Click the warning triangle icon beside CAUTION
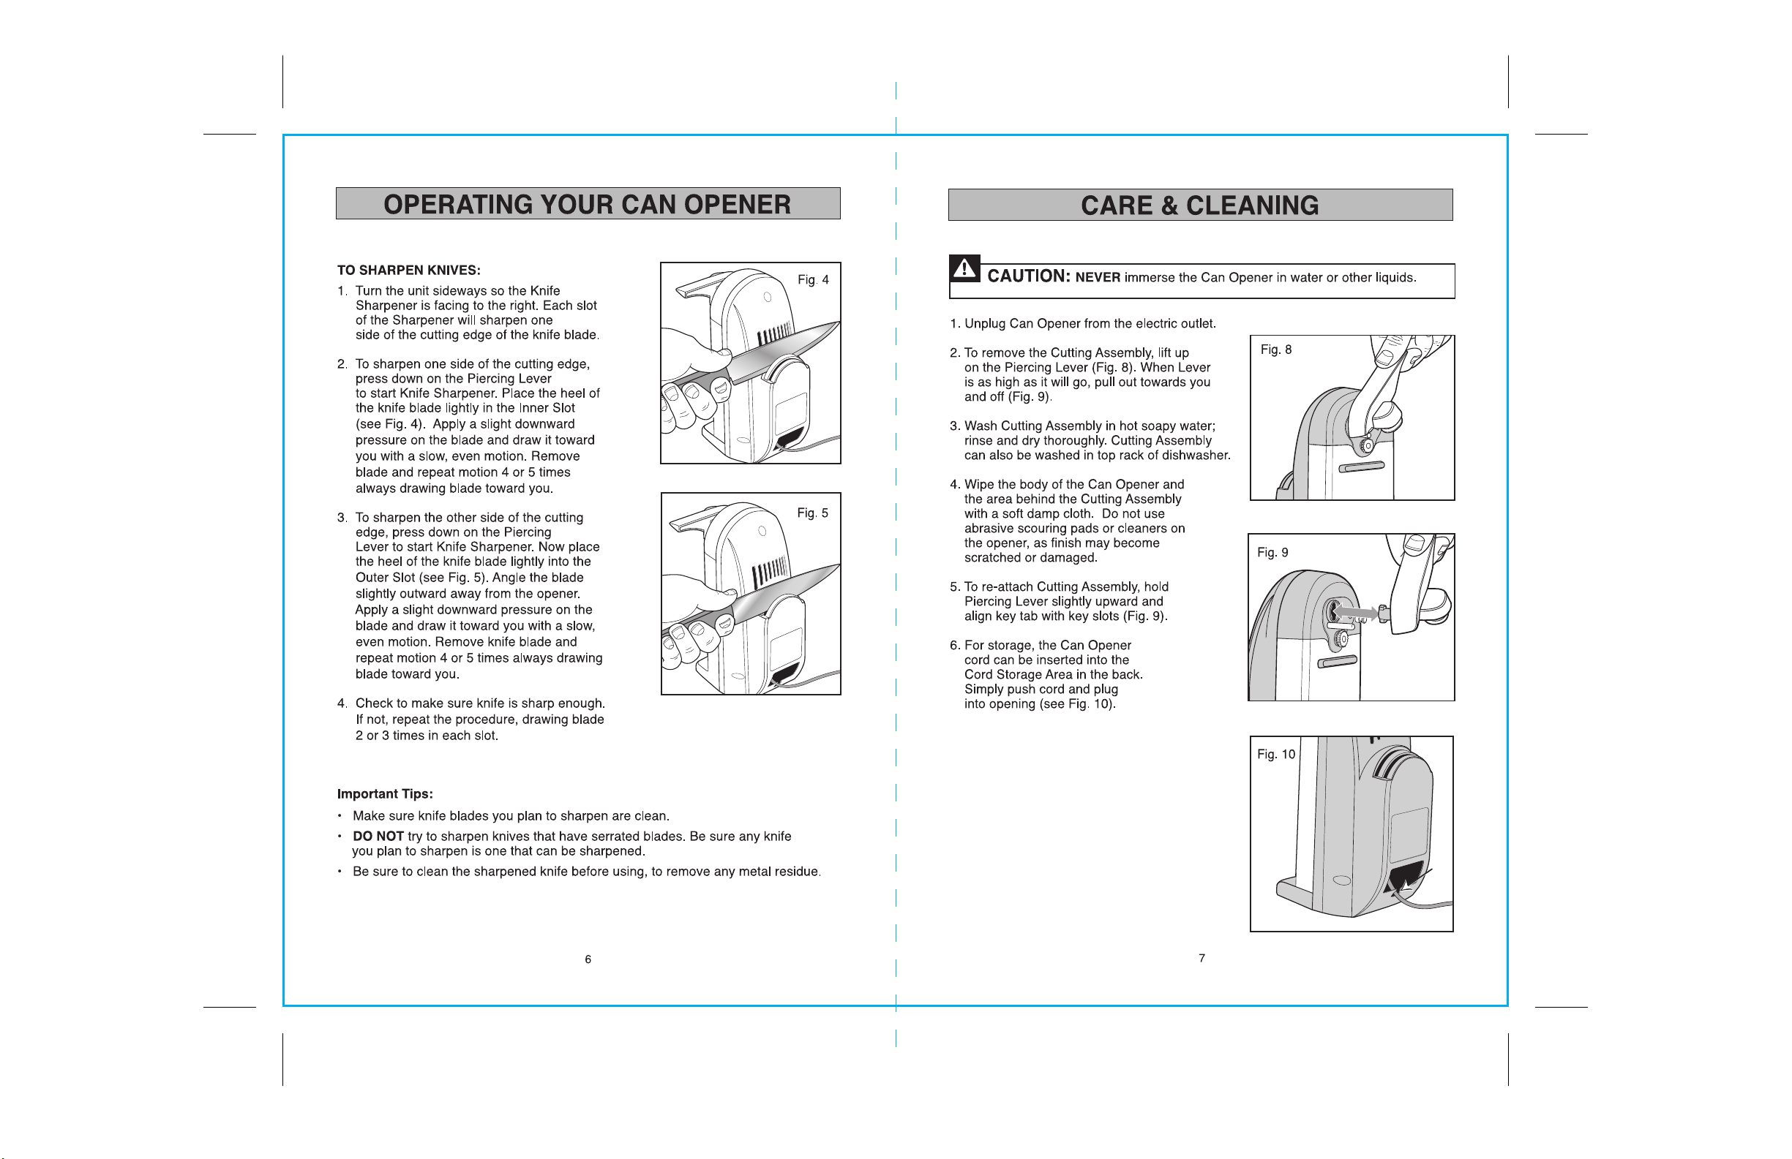(964, 268)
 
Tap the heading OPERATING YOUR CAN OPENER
(588, 205)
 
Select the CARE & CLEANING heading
(1199, 205)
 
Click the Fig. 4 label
(813, 280)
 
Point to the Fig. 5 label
(812, 513)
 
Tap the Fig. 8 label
(1276, 350)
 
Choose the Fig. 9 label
(1272, 552)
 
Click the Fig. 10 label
(1276, 754)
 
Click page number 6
(588, 959)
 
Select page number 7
(1201, 958)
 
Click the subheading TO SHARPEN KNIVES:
(409, 270)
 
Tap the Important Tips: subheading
(385, 794)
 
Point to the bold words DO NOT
(378, 836)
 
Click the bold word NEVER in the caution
(1098, 278)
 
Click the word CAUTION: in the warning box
(1029, 276)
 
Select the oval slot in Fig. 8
(1361, 467)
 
